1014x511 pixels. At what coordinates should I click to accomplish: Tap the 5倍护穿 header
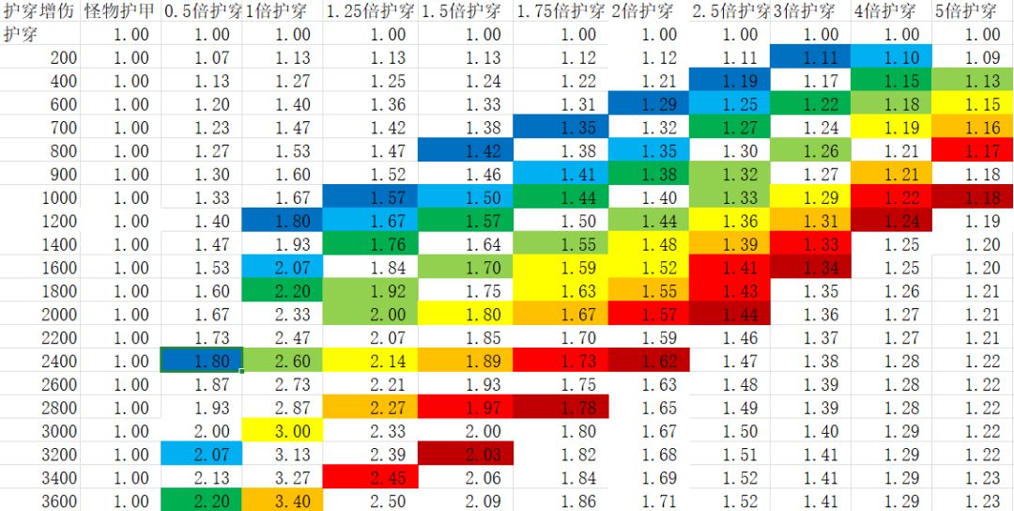966,12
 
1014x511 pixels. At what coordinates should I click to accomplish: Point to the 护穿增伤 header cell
40,12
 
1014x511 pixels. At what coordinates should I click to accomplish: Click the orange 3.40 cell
283,501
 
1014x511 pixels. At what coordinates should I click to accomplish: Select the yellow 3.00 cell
283,431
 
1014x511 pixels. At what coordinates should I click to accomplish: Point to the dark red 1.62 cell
649,361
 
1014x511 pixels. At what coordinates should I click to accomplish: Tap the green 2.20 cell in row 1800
283,291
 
